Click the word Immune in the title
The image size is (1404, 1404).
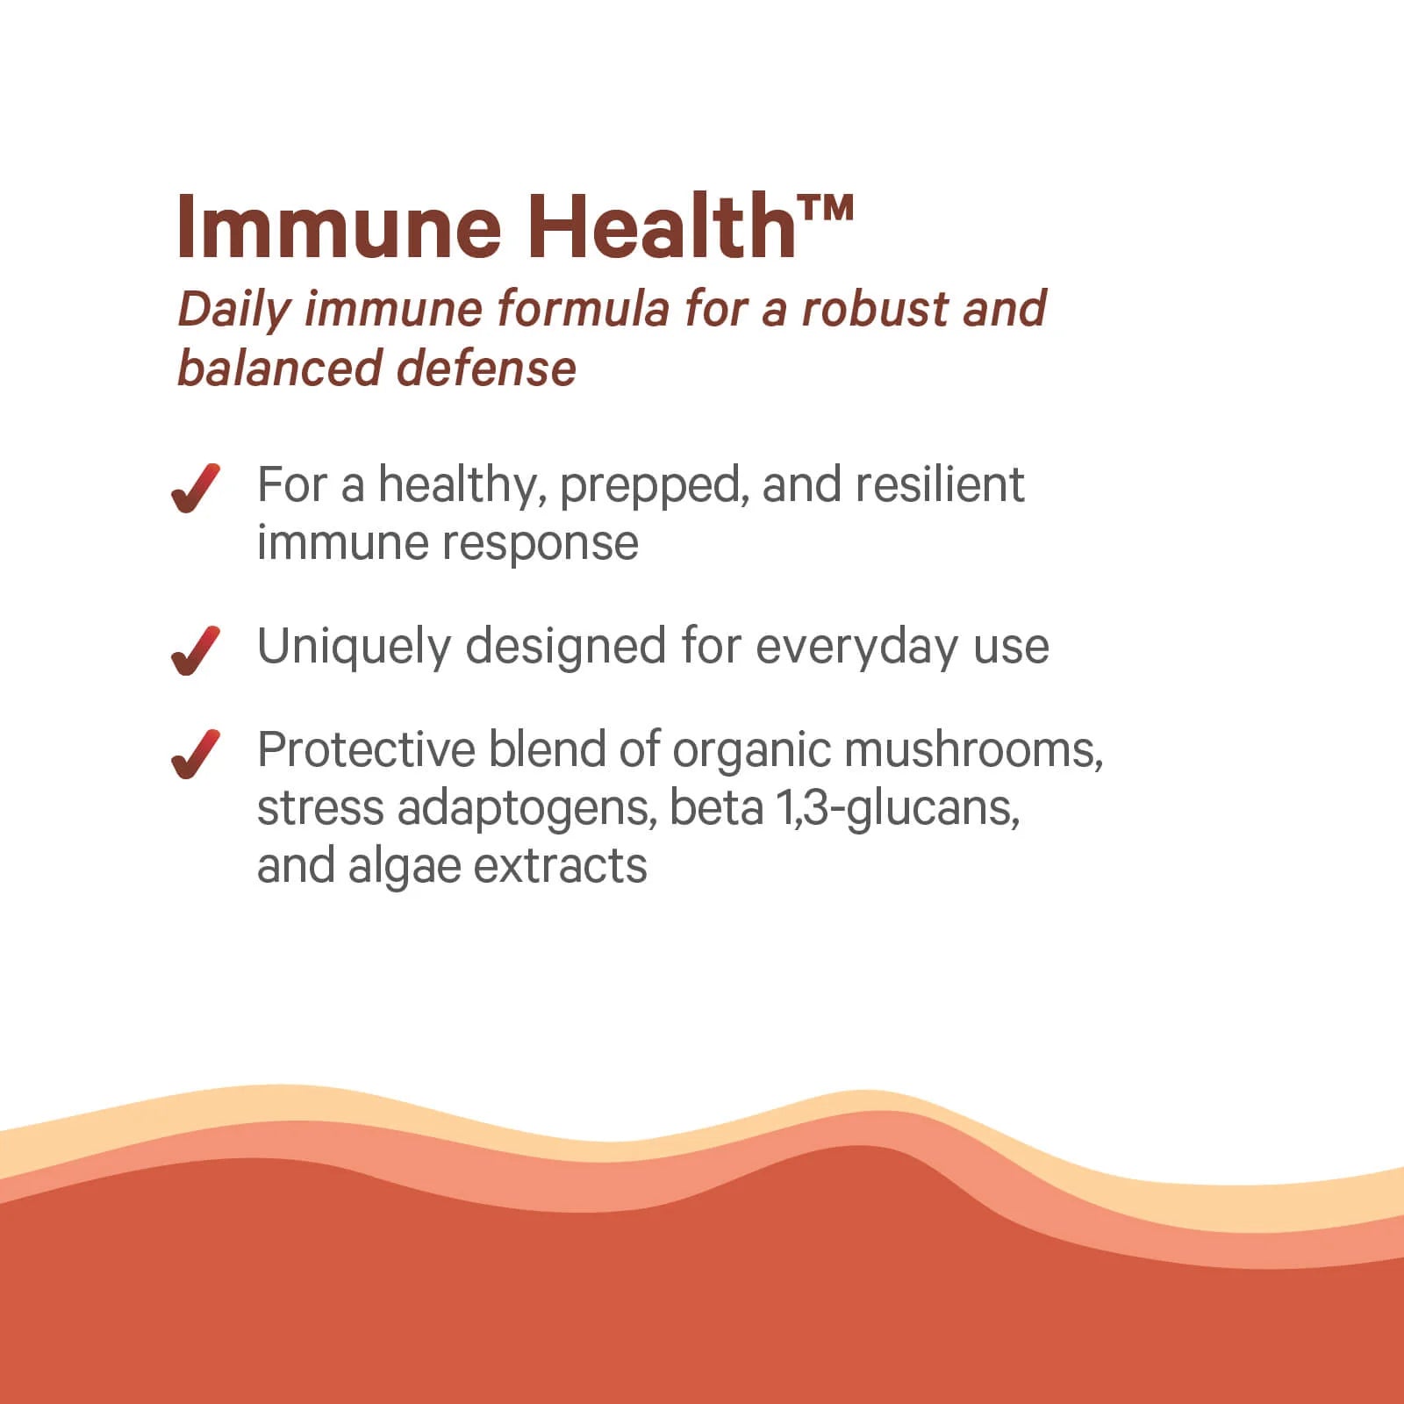pos(338,227)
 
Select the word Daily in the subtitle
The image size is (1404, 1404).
pos(233,310)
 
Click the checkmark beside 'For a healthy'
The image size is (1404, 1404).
pos(195,488)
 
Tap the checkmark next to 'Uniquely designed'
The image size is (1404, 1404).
pos(195,650)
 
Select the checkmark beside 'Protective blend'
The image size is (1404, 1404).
pos(195,754)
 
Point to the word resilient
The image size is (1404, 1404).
pos(939,485)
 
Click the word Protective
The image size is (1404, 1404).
pos(366,750)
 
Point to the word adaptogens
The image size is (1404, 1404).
pos(526,809)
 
